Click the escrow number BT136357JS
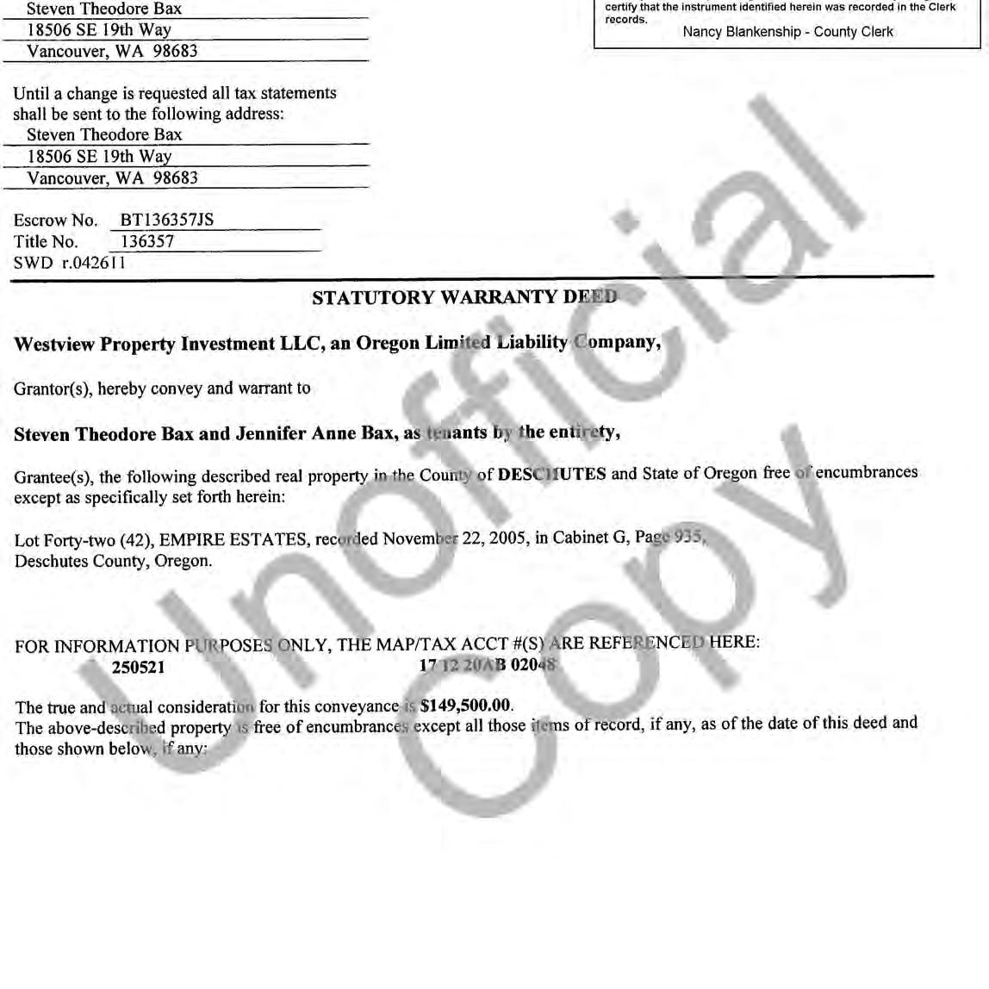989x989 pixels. pyautogui.click(x=166, y=220)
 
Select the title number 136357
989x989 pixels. pyautogui.click(x=147, y=241)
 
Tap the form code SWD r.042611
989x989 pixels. pyautogui.click(x=70, y=263)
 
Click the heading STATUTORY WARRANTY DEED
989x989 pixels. pyautogui.click(x=464, y=297)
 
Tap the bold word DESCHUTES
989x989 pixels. pyautogui.click(x=551, y=474)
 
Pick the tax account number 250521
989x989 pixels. pyautogui.click(x=138, y=667)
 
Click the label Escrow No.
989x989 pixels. pyautogui.click(x=56, y=221)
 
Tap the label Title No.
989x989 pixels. pyautogui.click(x=46, y=242)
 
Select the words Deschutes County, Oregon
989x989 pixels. pyautogui.click(x=113, y=561)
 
